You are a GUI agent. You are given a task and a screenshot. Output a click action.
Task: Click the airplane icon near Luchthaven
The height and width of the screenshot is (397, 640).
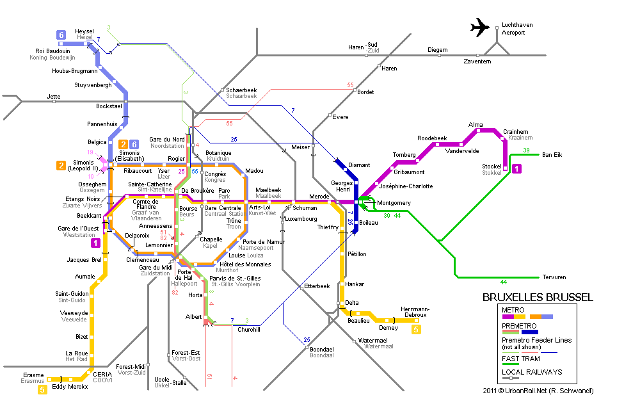[x=479, y=28]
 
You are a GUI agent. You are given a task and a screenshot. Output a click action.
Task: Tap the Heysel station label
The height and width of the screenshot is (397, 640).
[x=84, y=31]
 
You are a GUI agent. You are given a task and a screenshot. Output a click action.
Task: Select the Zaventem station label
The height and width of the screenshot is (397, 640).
[x=477, y=61]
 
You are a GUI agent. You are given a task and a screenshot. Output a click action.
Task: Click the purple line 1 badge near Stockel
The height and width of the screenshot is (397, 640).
[x=516, y=168]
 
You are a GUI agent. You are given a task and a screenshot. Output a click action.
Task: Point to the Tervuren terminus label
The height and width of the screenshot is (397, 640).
[x=554, y=277]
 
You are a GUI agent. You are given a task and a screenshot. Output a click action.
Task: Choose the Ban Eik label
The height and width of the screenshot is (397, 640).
[x=552, y=155]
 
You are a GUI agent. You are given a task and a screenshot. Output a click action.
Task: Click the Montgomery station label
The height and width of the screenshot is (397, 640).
[x=394, y=203]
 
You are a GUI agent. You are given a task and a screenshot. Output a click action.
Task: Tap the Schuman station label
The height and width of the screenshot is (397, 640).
[x=305, y=208]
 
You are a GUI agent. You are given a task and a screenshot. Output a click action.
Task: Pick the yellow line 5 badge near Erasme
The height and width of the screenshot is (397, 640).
[x=42, y=390]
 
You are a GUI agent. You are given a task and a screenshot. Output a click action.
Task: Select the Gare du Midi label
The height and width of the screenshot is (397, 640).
[x=156, y=268]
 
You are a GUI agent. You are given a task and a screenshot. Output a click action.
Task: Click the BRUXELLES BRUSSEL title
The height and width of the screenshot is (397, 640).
[x=537, y=297]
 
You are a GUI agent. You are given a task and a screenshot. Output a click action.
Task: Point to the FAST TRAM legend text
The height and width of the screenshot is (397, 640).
[x=521, y=359]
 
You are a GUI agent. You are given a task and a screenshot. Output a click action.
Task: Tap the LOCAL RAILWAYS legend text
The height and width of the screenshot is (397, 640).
[x=532, y=372]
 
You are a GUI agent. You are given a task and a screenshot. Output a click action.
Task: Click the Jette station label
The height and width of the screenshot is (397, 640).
[x=54, y=97]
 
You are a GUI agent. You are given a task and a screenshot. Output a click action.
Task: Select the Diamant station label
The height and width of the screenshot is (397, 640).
[x=359, y=165]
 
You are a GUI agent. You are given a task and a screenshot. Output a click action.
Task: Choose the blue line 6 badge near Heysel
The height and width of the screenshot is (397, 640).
[x=61, y=35]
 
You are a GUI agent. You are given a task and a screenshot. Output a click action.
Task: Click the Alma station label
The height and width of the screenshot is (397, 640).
[x=476, y=125]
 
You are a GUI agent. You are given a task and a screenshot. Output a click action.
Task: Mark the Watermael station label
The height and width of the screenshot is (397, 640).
[x=372, y=340]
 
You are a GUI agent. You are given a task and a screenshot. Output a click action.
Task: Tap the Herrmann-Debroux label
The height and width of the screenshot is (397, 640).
[x=415, y=312]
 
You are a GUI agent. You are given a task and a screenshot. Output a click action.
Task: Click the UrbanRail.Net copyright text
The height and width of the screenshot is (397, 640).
[x=538, y=391]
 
